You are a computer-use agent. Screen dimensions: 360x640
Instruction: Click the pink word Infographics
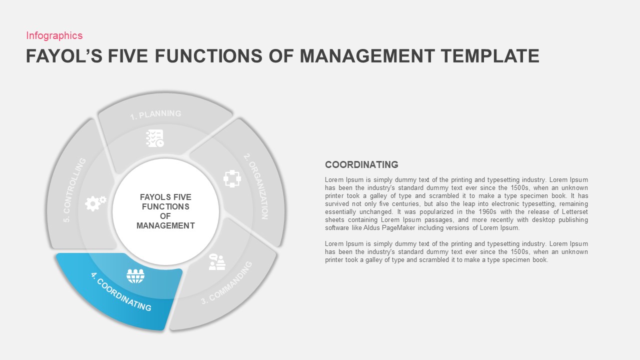point(54,35)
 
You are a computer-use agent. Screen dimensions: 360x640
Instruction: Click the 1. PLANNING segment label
point(155,114)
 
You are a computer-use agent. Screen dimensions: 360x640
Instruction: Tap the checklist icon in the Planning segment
point(154,138)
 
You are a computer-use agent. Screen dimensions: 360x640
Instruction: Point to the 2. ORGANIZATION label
point(256,185)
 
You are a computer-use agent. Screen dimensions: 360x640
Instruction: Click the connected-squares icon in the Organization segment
point(232,178)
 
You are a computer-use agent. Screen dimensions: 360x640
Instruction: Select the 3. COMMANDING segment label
point(227,283)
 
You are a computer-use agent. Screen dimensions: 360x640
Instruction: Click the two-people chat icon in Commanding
point(217,262)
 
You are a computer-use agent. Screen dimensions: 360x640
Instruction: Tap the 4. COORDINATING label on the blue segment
point(121,291)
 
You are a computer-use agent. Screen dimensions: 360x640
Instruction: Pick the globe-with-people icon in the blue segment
point(135,275)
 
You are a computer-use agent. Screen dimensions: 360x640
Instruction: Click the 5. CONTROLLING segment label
point(74,190)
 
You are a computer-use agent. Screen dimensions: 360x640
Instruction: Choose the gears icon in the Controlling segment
point(95,202)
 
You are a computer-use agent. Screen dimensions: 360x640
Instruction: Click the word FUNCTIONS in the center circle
point(165,206)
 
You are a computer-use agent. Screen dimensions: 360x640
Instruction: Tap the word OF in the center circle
point(165,216)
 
